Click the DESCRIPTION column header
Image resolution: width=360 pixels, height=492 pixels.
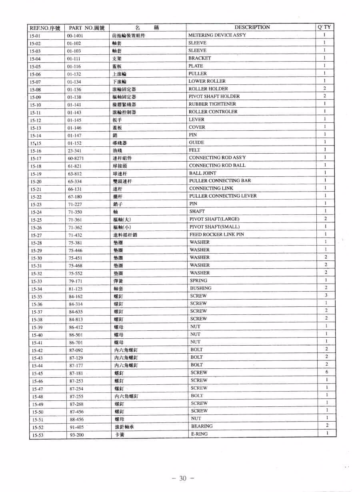(x=252, y=27)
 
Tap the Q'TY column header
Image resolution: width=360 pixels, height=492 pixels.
(x=324, y=27)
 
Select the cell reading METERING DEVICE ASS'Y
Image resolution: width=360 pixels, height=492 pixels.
(x=217, y=35)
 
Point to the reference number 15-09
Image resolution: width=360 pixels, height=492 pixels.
(x=35, y=97)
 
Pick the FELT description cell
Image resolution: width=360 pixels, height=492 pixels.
(x=194, y=150)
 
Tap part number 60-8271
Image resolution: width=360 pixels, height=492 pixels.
(x=76, y=158)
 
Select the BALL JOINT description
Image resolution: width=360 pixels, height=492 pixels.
(x=202, y=173)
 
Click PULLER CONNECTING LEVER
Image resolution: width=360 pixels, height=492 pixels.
(x=223, y=196)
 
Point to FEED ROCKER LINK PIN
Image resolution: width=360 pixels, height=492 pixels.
(x=216, y=234)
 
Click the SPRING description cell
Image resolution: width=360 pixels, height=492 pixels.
(x=198, y=280)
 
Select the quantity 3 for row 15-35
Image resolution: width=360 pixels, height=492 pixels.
(x=326, y=296)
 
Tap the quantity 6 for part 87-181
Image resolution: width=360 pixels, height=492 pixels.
(x=326, y=372)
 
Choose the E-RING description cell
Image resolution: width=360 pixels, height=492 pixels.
(x=199, y=434)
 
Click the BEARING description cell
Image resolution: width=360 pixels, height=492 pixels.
(x=202, y=426)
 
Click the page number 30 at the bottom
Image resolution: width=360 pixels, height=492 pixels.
(x=183, y=478)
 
